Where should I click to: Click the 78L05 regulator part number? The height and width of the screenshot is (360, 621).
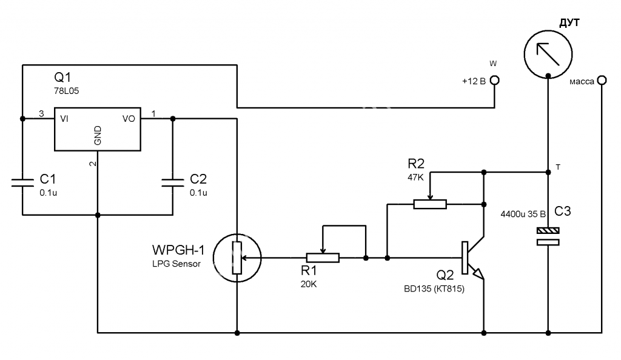[x=67, y=91]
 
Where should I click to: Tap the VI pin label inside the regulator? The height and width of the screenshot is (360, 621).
[x=64, y=119]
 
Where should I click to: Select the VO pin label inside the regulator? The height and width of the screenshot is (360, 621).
[x=129, y=119]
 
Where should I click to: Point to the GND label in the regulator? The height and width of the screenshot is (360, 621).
[x=98, y=135]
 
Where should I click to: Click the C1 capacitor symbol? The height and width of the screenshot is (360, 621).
[x=22, y=182]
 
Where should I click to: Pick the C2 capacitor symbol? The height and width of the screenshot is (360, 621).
[x=173, y=182]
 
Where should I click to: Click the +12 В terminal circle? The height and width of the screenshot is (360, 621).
[x=495, y=81]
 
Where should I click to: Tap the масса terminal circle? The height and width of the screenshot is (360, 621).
[x=602, y=81]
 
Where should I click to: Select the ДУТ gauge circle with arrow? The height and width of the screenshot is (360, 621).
[x=548, y=54]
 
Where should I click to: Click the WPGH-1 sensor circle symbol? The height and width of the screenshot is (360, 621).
[x=237, y=258]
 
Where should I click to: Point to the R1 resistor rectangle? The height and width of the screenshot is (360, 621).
[x=323, y=258]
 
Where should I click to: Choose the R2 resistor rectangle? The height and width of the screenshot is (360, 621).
[x=430, y=204]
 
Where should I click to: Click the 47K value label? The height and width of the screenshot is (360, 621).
[x=415, y=177]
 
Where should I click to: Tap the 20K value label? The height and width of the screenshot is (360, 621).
[x=309, y=284]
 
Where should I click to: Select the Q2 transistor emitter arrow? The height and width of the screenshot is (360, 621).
[x=479, y=274]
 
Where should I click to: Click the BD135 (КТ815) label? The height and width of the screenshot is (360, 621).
[x=434, y=289]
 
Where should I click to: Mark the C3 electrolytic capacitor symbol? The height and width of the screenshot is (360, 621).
[x=548, y=236]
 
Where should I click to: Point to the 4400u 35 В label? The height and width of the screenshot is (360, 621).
[x=523, y=214]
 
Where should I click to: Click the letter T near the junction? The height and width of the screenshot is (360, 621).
[x=558, y=167]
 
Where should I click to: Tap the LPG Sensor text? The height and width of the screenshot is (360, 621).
[x=176, y=264]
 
